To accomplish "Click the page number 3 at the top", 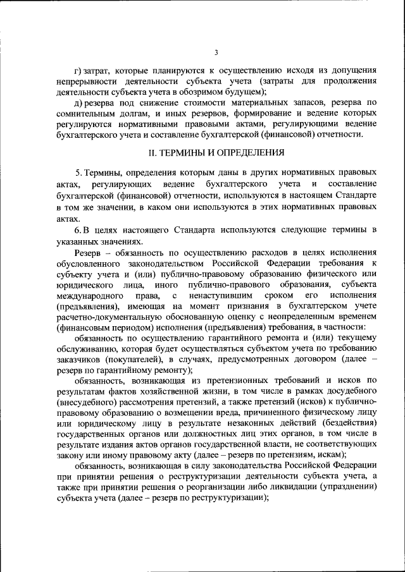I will click(216, 52).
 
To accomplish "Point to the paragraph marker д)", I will click(78, 103).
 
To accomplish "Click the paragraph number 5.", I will click(77, 173).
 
